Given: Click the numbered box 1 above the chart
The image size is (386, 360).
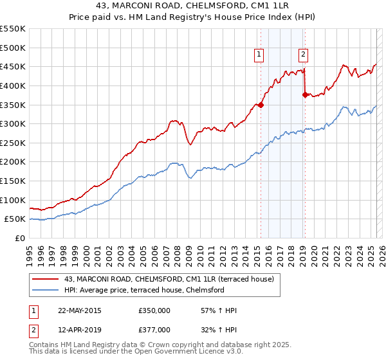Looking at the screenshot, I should [x=259, y=55].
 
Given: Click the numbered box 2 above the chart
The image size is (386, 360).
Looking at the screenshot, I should [x=302, y=55].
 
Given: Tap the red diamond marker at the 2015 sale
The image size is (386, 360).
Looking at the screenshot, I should [x=261, y=104].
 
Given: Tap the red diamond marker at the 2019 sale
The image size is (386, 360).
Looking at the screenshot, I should [x=305, y=94].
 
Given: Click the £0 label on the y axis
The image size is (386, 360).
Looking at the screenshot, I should [x=21, y=238].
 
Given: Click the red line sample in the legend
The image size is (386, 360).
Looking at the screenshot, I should [x=46, y=279].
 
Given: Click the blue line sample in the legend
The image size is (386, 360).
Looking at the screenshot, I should [x=46, y=290].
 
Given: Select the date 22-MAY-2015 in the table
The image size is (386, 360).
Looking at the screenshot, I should [x=79, y=310].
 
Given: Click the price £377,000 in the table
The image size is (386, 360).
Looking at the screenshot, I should [x=154, y=330].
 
